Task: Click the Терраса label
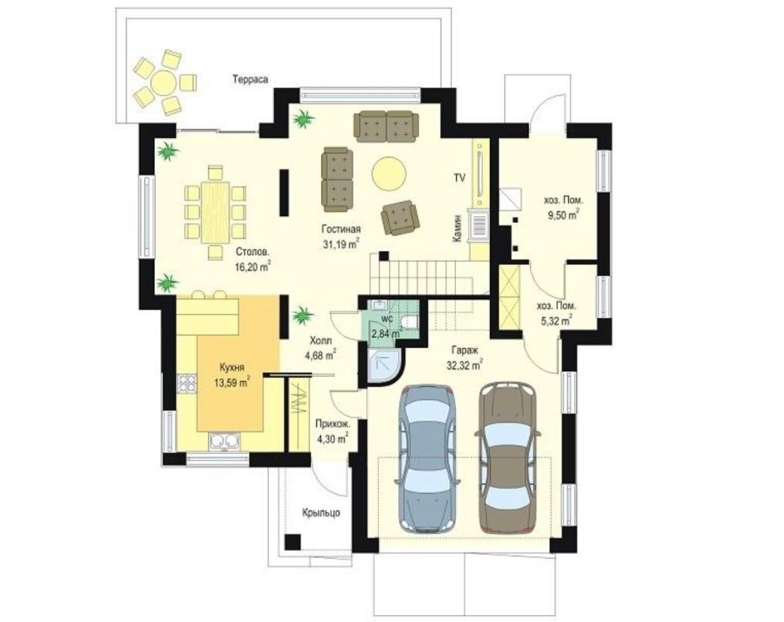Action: pyautogui.click(x=250, y=79)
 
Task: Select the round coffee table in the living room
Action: pyautogui.click(x=388, y=173)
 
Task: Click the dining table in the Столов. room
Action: pyautogui.click(x=215, y=212)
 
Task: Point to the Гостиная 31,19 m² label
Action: pyautogui.click(x=342, y=236)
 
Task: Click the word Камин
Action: pyautogui.click(x=457, y=229)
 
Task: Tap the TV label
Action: pyautogui.click(x=459, y=177)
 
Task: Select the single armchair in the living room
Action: pyautogui.click(x=399, y=218)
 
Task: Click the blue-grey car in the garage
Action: pyautogui.click(x=427, y=458)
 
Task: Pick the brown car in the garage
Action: pyautogui.click(x=508, y=457)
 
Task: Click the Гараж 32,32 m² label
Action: pyautogui.click(x=464, y=359)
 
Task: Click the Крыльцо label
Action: pyautogui.click(x=321, y=512)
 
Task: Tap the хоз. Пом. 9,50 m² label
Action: pyautogui.click(x=563, y=208)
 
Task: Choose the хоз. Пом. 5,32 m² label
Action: pyautogui.click(x=556, y=313)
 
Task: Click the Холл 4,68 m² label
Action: pyautogui.click(x=320, y=348)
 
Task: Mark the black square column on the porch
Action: pyautogui.click(x=292, y=542)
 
